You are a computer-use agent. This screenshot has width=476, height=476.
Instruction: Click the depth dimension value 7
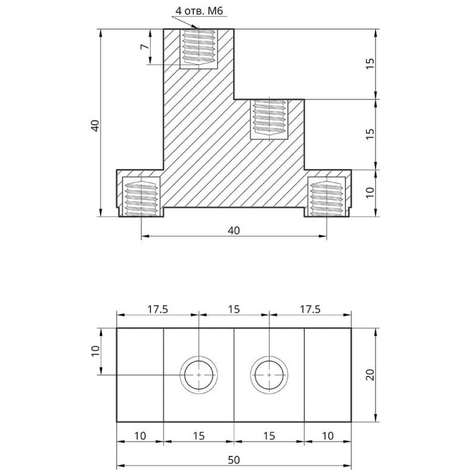point(145,46)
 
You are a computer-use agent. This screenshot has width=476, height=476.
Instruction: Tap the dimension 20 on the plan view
point(369,374)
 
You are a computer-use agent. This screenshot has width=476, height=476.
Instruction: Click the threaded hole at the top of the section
point(199,48)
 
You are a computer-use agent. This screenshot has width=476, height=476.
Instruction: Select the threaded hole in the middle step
point(269,119)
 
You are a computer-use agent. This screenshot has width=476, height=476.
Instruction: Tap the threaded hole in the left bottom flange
point(140,196)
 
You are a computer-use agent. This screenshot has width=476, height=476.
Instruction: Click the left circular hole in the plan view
point(199,375)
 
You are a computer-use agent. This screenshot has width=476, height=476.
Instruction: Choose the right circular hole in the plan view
point(269,375)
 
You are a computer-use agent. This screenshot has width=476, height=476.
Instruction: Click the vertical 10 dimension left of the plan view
point(93,352)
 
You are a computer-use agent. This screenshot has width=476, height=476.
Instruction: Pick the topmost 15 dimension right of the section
point(369,64)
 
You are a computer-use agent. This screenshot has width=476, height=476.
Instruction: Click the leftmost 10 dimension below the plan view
point(139,436)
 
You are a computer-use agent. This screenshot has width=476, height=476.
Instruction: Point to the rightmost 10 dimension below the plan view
point(327,436)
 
